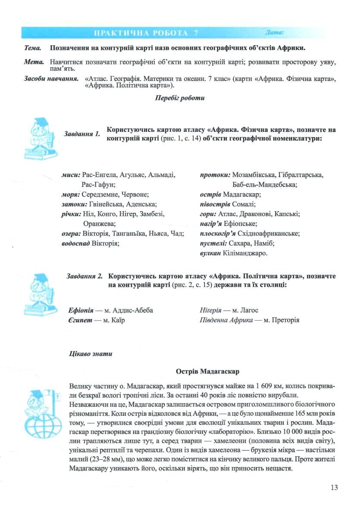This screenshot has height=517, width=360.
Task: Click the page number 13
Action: pyautogui.click(x=334, y=487)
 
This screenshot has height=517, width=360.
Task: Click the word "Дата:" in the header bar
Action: pyautogui.click(x=275, y=32)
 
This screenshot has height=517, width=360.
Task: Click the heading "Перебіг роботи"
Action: pyautogui.click(x=180, y=98)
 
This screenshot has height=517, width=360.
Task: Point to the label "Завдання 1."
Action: pyautogui.click(x=82, y=134)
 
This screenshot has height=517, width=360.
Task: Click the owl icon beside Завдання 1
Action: pyautogui.click(x=38, y=137)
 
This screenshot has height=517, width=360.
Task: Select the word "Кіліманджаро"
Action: pyautogui.click(x=245, y=253)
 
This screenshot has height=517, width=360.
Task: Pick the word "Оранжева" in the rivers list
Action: pyautogui.click(x=99, y=224)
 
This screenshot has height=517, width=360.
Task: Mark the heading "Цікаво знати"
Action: pyautogui.click(x=91, y=354)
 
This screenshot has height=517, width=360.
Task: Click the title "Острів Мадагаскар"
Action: pyautogui.click(x=207, y=371)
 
